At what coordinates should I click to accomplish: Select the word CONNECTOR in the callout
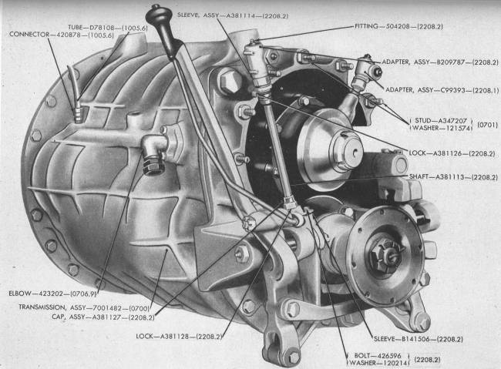coord(29,34)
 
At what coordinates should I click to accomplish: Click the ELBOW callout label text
coord(52,293)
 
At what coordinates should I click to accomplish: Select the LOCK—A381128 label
coord(179,336)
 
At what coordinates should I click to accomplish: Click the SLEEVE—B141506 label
coord(419,339)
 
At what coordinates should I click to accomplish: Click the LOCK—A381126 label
coord(452,153)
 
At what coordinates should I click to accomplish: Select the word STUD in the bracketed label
coord(422,121)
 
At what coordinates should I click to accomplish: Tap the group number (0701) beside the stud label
coord(487,124)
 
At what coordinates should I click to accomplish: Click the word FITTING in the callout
coord(366,26)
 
